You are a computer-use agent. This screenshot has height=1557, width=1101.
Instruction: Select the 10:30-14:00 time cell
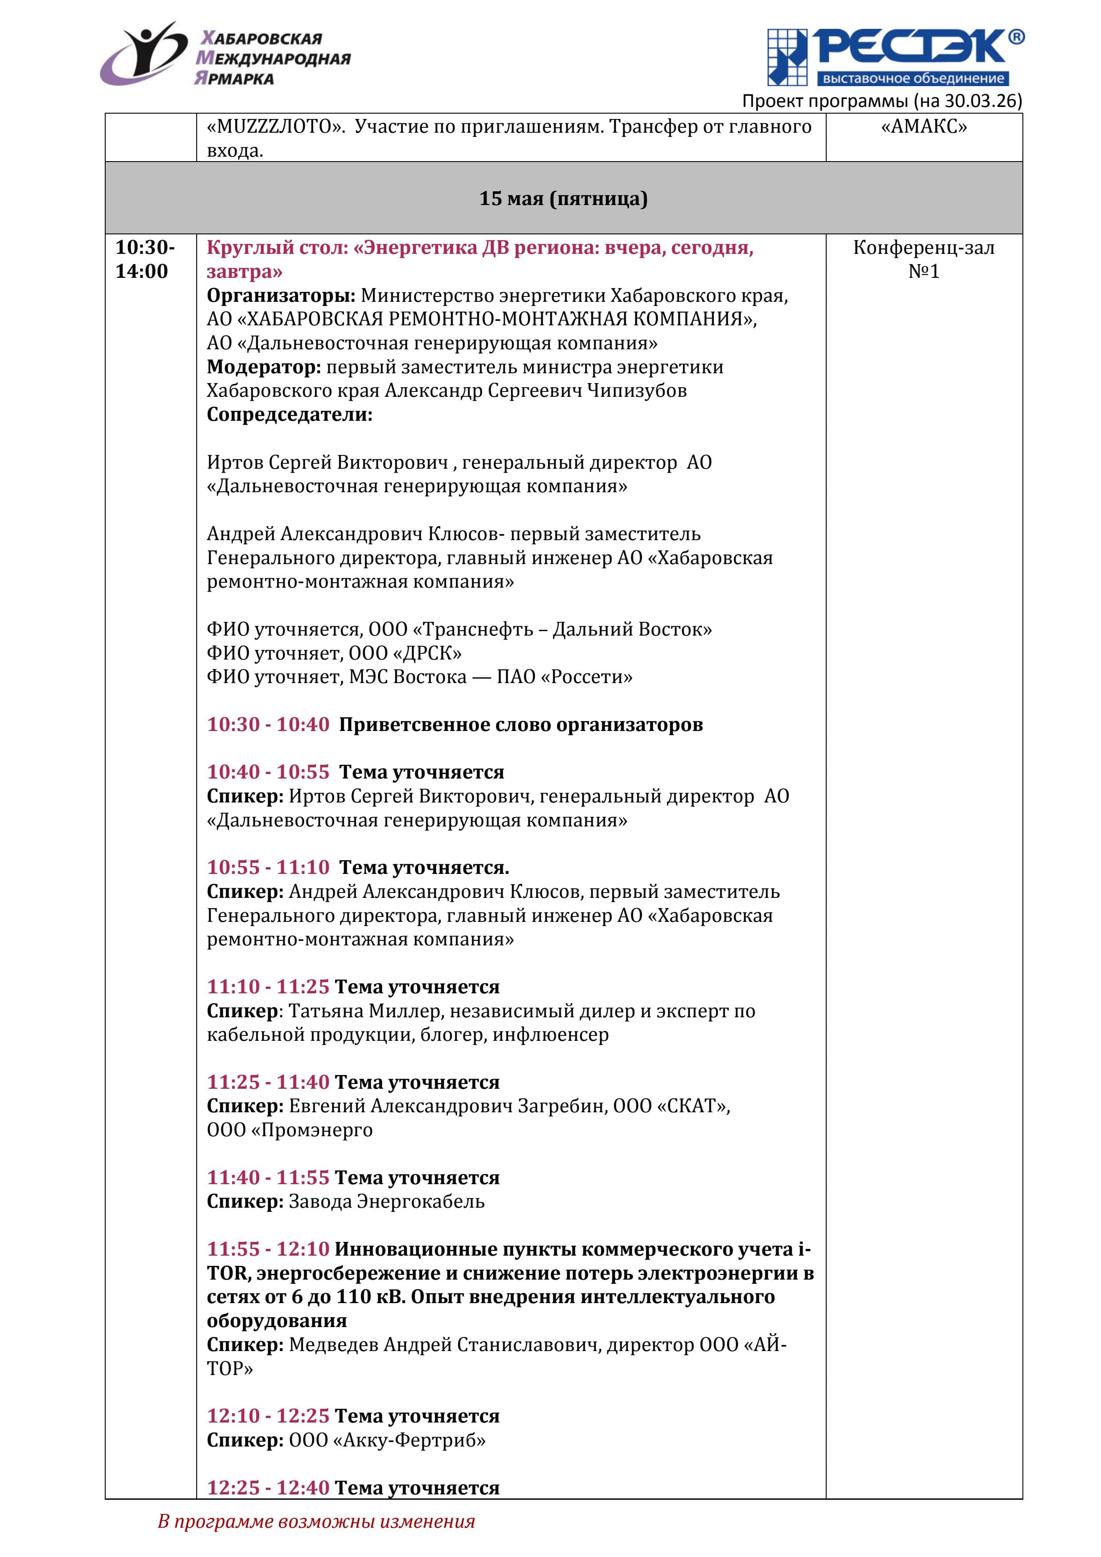pos(144,259)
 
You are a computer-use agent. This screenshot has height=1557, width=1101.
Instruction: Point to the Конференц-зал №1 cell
pos(923,259)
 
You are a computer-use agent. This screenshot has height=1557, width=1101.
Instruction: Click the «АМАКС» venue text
pos(923,127)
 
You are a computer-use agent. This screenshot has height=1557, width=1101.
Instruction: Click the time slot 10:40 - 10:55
pos(268,772)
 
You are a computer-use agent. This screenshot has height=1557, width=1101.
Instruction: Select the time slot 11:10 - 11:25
pos(268,987)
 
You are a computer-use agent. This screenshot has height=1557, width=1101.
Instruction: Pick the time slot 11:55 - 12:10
pos(268,1249)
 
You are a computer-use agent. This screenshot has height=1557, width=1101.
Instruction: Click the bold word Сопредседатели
pos(289,415)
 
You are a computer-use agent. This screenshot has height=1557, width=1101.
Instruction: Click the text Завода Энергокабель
pos(387,1201)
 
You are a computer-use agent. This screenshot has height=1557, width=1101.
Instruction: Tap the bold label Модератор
pos(263,367)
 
